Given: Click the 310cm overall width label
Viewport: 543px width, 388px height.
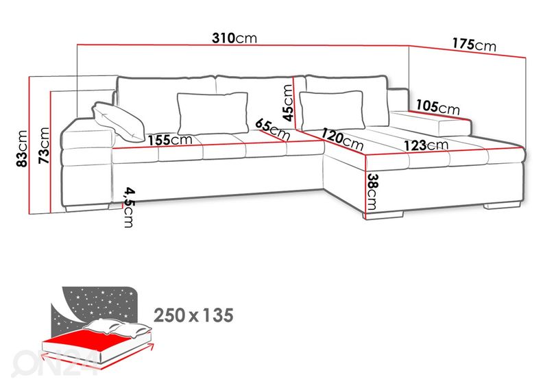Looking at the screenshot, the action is pos(234,38).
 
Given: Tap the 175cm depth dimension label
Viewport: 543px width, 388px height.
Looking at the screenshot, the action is pos(474,45).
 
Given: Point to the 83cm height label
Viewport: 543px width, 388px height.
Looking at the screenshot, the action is pos(22,149).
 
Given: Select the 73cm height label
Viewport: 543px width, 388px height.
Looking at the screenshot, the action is pos(44,145).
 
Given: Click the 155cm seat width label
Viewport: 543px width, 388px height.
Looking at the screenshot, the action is pos(170,140).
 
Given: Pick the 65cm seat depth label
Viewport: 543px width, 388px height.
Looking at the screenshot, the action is pos(273,130).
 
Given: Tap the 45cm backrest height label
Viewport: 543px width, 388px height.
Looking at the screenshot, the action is pos(288,103).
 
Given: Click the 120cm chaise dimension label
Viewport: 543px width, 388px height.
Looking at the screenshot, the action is pos(343,138).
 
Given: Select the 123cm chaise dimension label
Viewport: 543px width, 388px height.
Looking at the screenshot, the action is pos(426,145).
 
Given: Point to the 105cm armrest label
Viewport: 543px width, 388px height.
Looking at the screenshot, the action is pos(437,107).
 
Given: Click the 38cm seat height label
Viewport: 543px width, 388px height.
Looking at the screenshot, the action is pos(372,192).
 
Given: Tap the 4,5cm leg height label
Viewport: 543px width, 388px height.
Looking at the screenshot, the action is pos(129,207).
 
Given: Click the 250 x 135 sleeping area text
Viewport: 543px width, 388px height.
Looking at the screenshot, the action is pos(193,315).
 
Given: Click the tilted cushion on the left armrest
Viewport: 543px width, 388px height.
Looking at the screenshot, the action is pos(118,121).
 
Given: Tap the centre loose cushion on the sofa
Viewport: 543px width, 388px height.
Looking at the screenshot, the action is pos(213,113).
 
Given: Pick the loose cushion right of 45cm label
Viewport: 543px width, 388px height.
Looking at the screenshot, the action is pos(332,110).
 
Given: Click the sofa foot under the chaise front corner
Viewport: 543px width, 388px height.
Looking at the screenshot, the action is pos(384,215).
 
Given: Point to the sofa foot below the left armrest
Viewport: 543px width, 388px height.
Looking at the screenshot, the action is pos(86,208).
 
